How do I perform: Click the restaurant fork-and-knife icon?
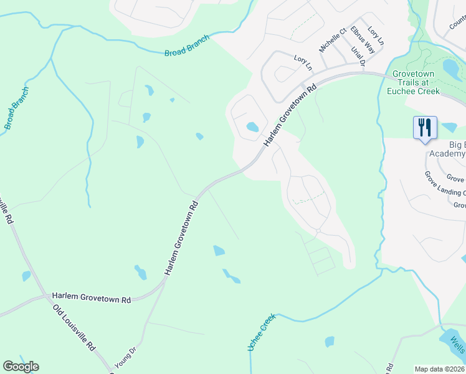[x=425, y=128]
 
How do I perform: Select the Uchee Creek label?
[x=262, y=332]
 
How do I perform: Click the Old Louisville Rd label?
[x=74, y=327]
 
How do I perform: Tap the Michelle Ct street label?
[x=331, y=41]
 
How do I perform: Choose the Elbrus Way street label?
[x=362, y=39]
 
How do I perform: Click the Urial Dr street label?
[x=358, y=57]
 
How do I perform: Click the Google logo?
[x=21, y=367]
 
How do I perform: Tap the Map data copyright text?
[x=440, y=369]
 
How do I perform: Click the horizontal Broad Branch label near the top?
[x=187, y=46]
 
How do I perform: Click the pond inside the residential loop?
[x=252, y=127]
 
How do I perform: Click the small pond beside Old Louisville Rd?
[x=26, y=276]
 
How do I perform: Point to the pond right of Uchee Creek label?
[x=329, y=342]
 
